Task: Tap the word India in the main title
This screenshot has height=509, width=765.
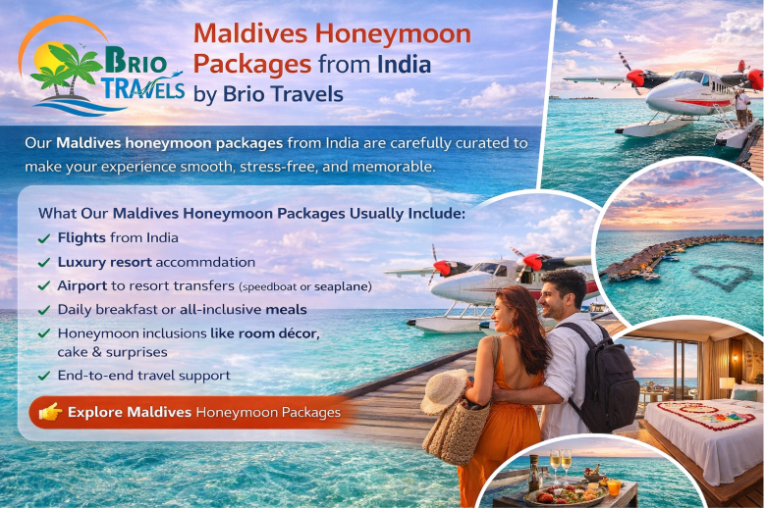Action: (x=403, y=64)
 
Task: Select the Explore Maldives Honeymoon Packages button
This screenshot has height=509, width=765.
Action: (x=191, y=413)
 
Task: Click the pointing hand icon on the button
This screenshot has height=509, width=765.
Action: (x=50, y=413)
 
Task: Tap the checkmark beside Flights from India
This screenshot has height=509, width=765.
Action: (x=44, y=238)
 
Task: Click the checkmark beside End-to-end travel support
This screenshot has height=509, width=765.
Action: (x=44, y=376)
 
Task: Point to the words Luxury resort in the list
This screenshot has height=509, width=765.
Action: (x=102, y=262)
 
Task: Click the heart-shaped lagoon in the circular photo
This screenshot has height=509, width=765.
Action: (x=722, y=277)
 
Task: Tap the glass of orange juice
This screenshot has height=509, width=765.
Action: (x=615, y=485)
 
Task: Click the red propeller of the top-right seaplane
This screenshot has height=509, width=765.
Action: (x=635, y=77)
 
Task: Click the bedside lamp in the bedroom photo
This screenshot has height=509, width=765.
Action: (x=727, y=384)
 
